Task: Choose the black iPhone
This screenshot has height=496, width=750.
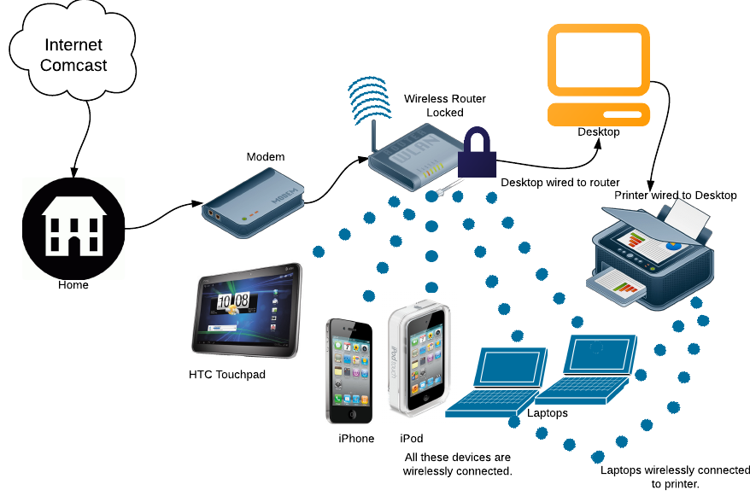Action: pyautogui.click(x=350, y=372)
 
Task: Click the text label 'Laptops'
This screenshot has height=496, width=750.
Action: pyautogui.click(x=546, y=413)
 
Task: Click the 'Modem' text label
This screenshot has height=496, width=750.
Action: pyautogui.click(x=265, y=157)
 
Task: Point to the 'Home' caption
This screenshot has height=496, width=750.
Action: pyautogui.click(x=73, y=285)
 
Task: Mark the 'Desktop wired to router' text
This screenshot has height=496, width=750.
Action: pyautogui.click(x=560, y=182)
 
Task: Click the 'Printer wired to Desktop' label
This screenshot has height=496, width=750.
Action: pyautogui.click(x=675, y=195)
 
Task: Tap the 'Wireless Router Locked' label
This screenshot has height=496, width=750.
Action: pyautogui.click(x=445, y=106)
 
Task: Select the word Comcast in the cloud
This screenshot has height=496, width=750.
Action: pyautogui.click(x=74, y=66)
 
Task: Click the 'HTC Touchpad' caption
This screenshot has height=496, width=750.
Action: pyautogui.click(x=227, y=374)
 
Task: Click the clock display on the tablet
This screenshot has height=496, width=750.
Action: pyautogui.click(x=232, y=301)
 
